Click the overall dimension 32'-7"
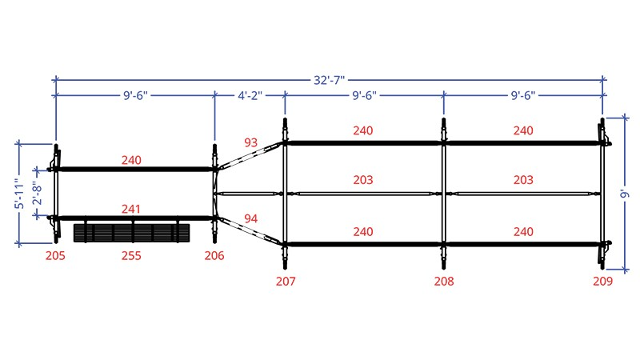[x=329, y=80]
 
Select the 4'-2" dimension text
[x=250, y=95]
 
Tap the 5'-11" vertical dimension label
[x=19, y=194]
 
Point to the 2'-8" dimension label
[x=37, y=193]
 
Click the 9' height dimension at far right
[x=625, y=193]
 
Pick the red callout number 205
[x=55, y=256]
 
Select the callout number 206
[x=214, y=256]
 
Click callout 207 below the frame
[x=286, y=282]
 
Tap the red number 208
[x=444, y=282]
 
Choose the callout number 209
[x=603, y=282]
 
